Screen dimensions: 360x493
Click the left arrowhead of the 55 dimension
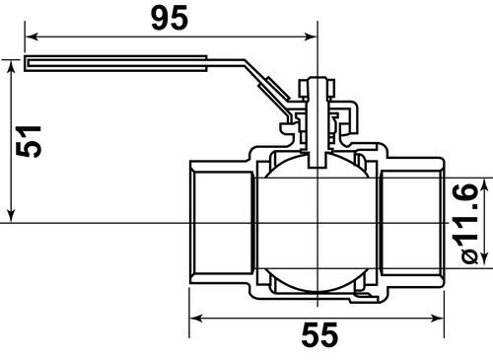click(194, 319)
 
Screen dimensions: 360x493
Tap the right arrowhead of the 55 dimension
click(438, 319)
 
